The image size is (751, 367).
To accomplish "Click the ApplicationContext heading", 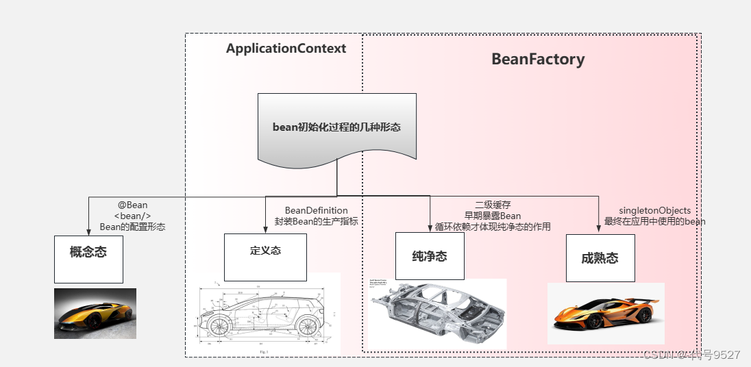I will tap(286, 49).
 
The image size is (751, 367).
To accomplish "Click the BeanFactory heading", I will tap(538, 60).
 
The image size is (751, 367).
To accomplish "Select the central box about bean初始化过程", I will tap(337, 127).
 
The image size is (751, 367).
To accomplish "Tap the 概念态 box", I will tap(88, 258).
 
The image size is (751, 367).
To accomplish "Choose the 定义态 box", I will tap(265, 257).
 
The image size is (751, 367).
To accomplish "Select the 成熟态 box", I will tap(600, 257).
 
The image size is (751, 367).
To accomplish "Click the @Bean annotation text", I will tap(132, 205).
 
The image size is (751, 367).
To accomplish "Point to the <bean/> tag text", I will tap(132, 216).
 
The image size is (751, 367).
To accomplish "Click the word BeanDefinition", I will tap(316, 210).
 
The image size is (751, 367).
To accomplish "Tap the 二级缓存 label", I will tap(493, 205).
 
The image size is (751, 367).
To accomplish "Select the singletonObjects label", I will tap(654, 210).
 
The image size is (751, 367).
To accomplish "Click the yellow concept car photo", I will tap(95, 313).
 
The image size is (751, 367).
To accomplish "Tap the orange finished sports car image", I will tap(606, 312).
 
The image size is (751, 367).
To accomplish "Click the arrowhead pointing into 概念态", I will tap(88, 231).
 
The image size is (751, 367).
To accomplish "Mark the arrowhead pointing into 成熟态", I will tap(595, 230).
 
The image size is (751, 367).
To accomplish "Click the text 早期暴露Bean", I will tap(493, 216).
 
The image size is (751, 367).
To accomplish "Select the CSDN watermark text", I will tap(691, 354).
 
